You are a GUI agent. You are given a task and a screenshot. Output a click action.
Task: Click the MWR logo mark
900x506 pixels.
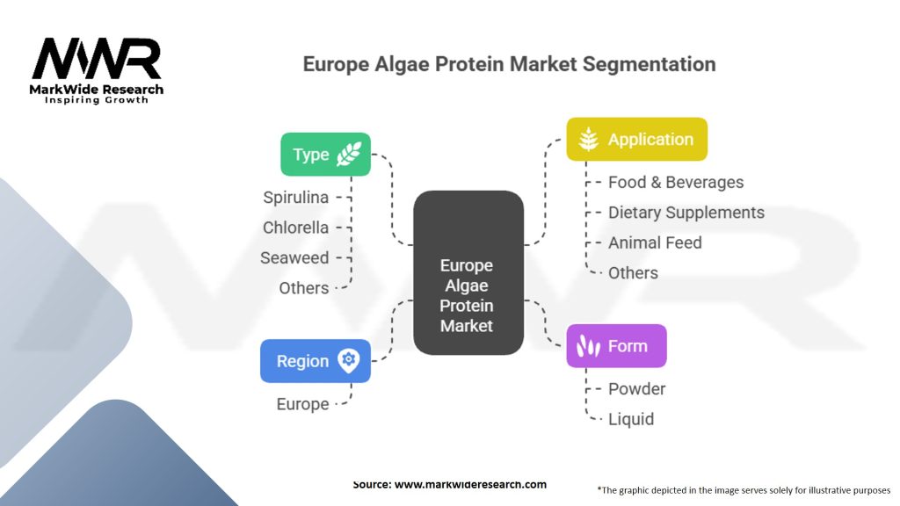(97, 59)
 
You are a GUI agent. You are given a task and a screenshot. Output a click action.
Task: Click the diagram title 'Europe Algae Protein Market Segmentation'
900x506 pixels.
(509, 64)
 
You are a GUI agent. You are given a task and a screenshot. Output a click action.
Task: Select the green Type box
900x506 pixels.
(325, 155)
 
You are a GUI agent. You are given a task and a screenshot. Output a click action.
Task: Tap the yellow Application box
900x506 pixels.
(636, 139)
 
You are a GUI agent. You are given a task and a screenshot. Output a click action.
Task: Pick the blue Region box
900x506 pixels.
(315, 361)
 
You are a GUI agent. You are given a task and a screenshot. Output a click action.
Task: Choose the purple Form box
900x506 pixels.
(616, 346)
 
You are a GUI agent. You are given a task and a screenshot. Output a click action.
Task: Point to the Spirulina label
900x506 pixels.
(296, 198)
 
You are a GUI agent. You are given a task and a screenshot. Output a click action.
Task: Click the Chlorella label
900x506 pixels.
(296, 228)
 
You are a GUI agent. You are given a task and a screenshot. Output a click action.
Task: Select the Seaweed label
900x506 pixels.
(294, 257)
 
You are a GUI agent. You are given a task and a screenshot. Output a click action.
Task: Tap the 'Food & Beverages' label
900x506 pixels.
(676, 183)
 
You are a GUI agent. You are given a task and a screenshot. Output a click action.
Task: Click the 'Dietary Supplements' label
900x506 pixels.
(686, 213)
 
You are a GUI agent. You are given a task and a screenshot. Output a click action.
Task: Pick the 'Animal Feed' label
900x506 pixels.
(655, 242)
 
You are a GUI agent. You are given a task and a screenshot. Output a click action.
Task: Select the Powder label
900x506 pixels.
(637, 389)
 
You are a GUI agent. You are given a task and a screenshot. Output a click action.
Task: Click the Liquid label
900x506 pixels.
(631, 419)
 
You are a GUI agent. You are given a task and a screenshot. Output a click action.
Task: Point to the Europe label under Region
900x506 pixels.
(302, 404)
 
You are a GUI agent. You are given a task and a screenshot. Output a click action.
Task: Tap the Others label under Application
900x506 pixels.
(633, 272)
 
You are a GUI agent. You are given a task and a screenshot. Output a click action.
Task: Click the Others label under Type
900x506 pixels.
(304, 287)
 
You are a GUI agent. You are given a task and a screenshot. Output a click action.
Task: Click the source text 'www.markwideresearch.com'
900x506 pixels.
(470, 484)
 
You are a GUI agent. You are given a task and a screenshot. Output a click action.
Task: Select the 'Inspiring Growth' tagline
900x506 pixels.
(97, 100)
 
